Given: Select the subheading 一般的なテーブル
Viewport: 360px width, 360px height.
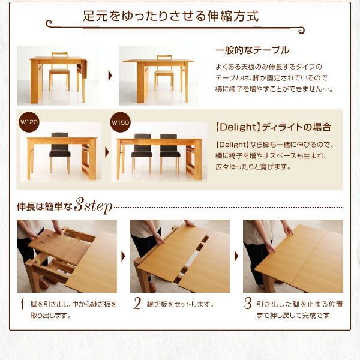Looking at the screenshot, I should click(252, 50).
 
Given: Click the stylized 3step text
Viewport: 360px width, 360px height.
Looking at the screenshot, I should click(93, 207).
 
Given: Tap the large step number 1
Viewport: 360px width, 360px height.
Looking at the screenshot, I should click(22, 304).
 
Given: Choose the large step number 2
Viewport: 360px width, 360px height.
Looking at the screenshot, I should click(137, 304).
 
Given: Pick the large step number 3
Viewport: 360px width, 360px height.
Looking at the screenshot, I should click(247, 304).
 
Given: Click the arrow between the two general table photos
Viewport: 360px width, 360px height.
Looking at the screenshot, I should click(109, 76).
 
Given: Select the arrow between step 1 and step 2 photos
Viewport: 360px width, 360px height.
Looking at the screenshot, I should click(123, 256).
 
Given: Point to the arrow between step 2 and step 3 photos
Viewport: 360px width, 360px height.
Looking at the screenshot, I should click(236, 256).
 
